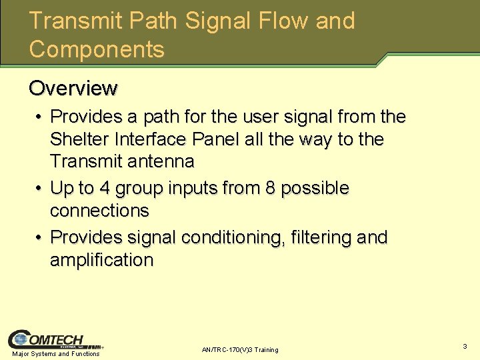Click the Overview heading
pos(73,88)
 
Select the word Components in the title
pos(97,49)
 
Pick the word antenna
pos(163,161)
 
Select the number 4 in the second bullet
pos(105,189)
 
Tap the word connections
pos(99,211)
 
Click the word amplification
pos(101,260)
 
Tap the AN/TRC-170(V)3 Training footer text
pos(240,350)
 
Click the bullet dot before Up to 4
pos(40,189)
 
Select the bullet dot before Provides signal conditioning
pos(40,238)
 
